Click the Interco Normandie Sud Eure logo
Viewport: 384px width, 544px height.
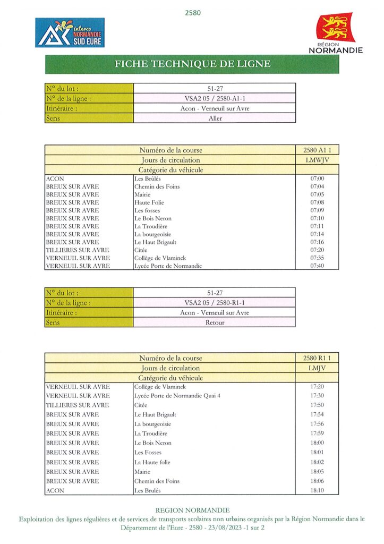[70, 32]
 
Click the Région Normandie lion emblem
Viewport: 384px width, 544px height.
[336, 28]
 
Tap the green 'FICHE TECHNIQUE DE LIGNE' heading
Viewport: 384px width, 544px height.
[192, 64]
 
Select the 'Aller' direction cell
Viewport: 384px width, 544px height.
[215, 118]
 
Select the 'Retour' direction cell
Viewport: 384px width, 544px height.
[215, 322]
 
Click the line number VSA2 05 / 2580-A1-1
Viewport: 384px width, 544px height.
[215, 98]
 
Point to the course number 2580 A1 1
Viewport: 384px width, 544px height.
[317, 150]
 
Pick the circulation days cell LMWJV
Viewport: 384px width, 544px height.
[317, 160]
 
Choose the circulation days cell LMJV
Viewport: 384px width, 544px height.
[317, 368]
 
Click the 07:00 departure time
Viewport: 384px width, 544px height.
[317, 179]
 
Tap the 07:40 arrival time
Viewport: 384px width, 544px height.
[317, 266]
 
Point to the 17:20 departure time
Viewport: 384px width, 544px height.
[317, 386]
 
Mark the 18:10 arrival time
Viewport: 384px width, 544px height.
[317, 490]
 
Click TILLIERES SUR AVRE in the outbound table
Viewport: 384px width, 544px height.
[77, 250]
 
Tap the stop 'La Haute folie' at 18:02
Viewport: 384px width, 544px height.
[152, 462]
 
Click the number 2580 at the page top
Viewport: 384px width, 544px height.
[192, 12]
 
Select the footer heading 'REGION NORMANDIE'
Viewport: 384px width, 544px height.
[192, 510]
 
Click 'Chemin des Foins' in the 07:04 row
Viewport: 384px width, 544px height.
[157, 187]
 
